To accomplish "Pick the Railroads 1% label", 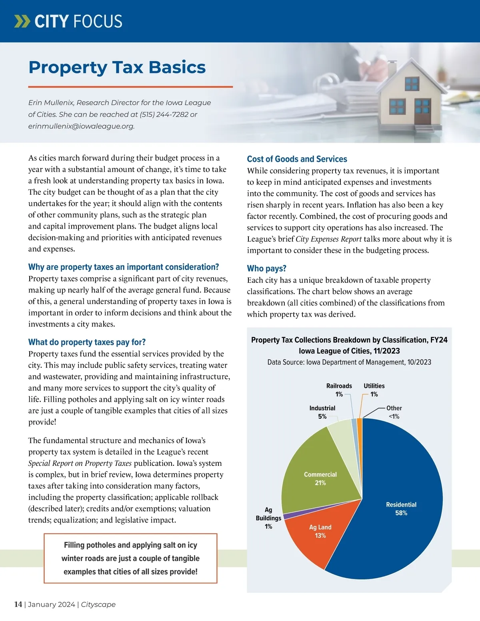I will [x=339, y=390].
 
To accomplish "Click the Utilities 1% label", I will [x=374, y=390].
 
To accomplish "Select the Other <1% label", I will [x=394, y=412].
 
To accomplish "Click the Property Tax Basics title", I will [x=117, y=67].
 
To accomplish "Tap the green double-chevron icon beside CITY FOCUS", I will [x=22, y=21].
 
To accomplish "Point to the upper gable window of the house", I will [x=411, y=84].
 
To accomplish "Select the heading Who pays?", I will [x=266, y=268].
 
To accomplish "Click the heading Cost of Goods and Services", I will [x=297, y=159].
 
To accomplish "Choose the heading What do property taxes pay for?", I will [x=87, y=342].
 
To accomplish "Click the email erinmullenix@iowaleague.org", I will [x=81, y=126].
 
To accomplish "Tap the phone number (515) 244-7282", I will [x=164, y=114].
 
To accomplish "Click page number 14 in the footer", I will [x=18, y=604].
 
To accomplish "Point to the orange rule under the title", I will [x=130, y=86].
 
